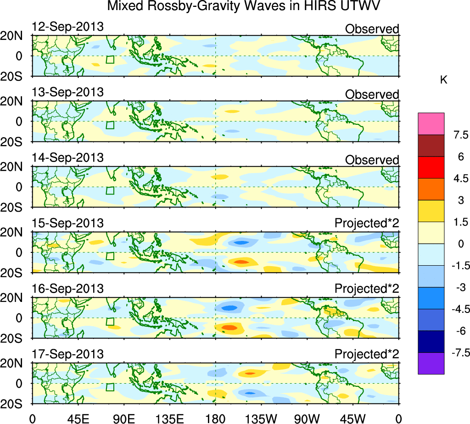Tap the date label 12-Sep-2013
coord(68,27)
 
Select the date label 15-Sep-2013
coord(68,223)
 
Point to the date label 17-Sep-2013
coord(68,354)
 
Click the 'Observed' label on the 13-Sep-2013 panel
coord(372,95)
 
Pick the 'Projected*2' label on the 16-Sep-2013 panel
coord(367,289)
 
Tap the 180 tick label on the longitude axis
coord(216,418)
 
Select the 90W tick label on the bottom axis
coord(308,418)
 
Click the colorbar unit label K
coord(443,80)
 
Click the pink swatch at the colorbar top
coord(431,123)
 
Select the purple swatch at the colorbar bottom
coord(431,363)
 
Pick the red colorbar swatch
coord(431,167)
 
